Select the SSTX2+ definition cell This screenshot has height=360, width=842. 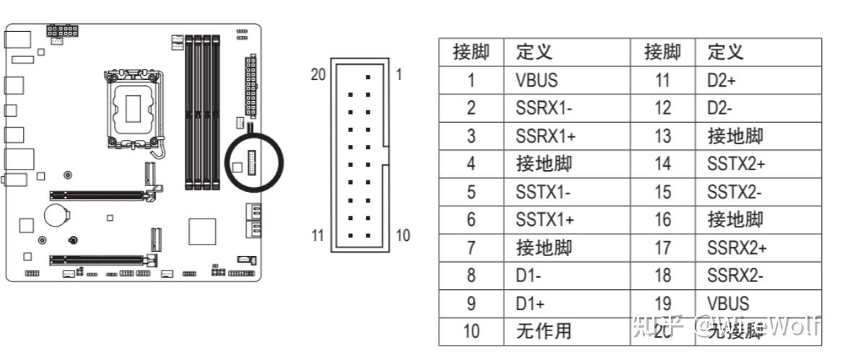736,164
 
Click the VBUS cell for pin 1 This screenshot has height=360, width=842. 537,80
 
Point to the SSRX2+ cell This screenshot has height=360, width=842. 737,247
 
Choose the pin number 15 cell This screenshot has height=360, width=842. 662,192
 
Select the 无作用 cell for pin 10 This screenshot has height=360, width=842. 544,331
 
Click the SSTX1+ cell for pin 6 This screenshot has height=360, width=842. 545,220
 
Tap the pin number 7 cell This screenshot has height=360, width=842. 471,247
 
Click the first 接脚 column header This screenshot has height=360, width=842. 471,52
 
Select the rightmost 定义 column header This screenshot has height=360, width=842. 725,52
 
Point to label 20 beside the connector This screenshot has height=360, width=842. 317,74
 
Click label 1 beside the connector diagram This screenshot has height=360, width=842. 399,74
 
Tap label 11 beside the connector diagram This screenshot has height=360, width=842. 317,235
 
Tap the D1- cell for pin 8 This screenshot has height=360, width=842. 530,276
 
